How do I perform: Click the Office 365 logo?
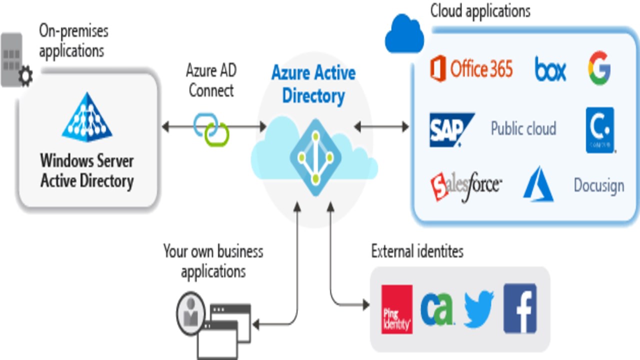point(471,68)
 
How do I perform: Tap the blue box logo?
point(550,69)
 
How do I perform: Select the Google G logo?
point(598,68)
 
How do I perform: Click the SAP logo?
point(450,129)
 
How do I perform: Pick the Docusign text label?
point(598,185)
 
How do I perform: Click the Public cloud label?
point(523,128)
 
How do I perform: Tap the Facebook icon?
point(520,308)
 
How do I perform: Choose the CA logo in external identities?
point(436,309)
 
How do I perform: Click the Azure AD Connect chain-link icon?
point(211,128)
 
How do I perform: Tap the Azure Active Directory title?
point(313,83)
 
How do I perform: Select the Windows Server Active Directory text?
point(87,170)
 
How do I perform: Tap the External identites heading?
point(417,251)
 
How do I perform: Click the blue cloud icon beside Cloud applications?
point(404,34)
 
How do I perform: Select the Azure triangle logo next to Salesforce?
point(538,185)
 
